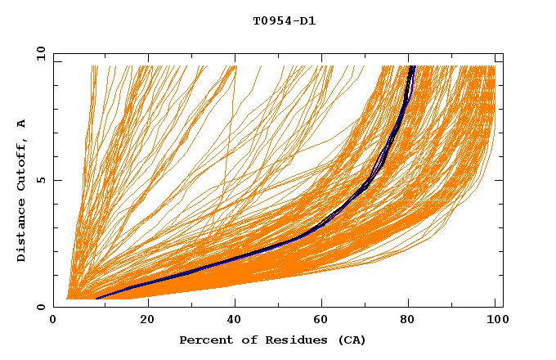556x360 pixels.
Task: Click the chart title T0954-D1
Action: tap(284, 21)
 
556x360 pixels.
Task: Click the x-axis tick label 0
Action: tap(54, 321)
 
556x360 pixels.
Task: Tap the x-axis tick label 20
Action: tap(146, 321)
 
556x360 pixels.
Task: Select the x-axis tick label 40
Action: tap(235, 321)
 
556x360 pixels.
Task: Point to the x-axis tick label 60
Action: tap(325, 321)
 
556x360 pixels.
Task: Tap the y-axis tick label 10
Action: tap(39, 53)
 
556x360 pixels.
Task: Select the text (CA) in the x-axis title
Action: tap(353, 340)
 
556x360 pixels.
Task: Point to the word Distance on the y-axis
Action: tap(21, 232)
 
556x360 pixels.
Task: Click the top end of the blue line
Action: tap(413, 67)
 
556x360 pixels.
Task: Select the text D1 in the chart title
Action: tap(308, 21)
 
